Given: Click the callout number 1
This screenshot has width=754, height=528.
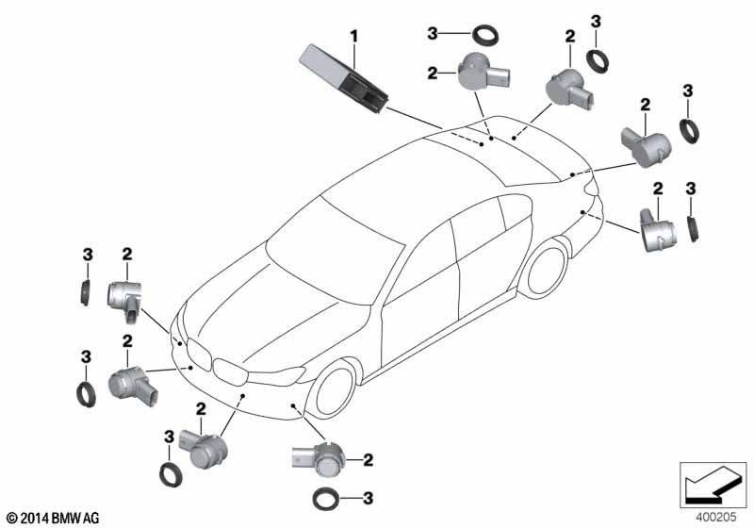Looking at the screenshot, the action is pyautogui.click(x=354, y=36).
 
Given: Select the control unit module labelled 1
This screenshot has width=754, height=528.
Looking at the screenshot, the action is pyautogui.click(x=343, y=78).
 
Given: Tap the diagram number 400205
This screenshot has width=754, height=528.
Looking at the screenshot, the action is pyautogui.click(x=715, y=518).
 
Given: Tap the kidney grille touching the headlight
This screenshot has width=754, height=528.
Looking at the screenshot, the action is pyautogui.click(x=230, y=371).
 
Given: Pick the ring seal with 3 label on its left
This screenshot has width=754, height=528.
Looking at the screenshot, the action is pyautogui.click(x=485, y=35).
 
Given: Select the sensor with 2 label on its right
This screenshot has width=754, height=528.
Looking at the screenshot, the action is pyautogui.click(x=318, y=459).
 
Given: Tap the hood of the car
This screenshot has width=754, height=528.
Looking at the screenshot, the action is pyautogui.click(x=270, y=313).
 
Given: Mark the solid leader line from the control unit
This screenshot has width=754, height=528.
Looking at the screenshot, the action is pyautogui.click(x=414, y=118).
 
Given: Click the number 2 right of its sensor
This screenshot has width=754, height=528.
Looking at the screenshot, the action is pyautogui.click(x=369, y=460).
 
